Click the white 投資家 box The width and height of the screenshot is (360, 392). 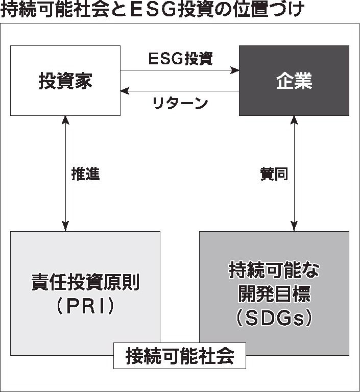(65, 80)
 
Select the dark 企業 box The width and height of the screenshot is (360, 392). (294, 81)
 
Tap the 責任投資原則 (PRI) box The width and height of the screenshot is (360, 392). (85, 293)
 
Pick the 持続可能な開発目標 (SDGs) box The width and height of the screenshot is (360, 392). (274, 293)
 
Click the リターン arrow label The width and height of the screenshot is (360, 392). (180, 103)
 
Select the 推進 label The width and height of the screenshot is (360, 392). (85, 174)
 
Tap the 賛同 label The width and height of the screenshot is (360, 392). (274, 174)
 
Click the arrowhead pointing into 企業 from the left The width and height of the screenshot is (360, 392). (235, 70)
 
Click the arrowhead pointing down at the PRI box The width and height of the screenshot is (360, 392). (65, 227)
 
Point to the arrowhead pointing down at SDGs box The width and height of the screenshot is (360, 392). (294, 227)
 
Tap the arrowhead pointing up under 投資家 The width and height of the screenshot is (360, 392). (65, 120)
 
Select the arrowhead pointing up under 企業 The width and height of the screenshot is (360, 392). (294, 120)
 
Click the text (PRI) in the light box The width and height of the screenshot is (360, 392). (85, 306)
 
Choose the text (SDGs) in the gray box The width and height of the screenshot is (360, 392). (274, 318)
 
